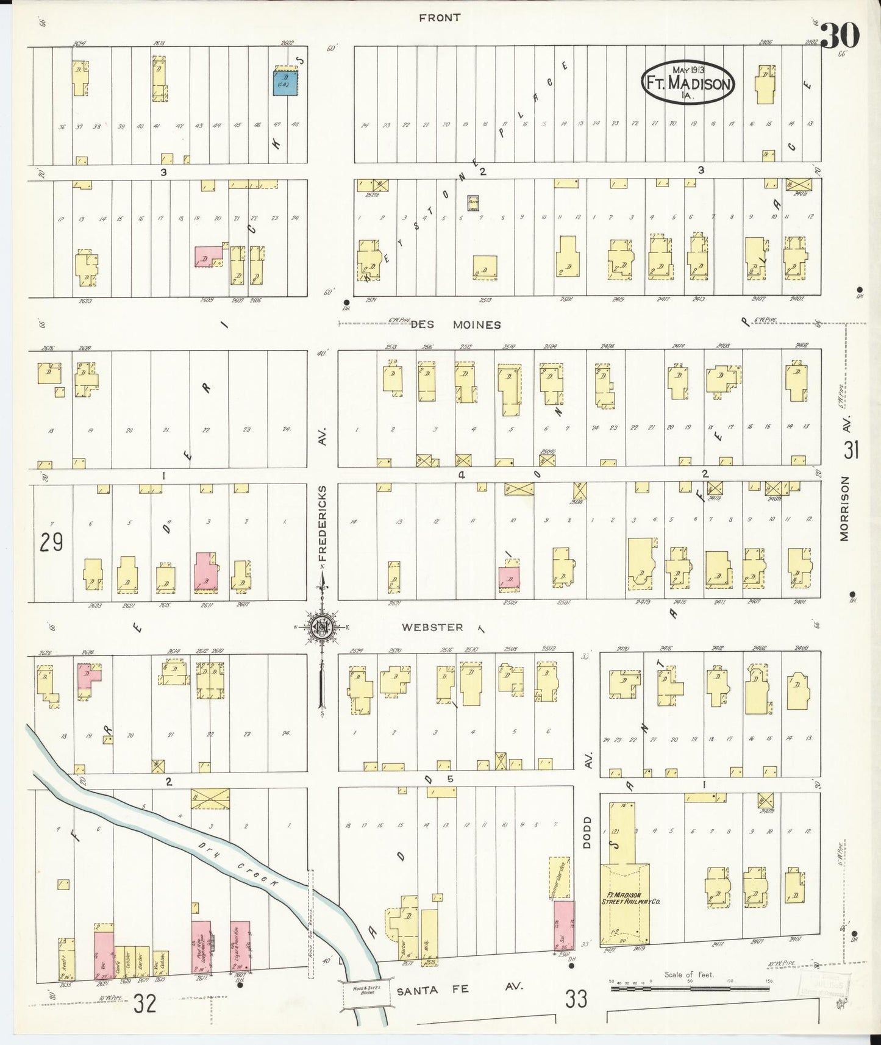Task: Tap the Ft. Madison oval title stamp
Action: point(688,83)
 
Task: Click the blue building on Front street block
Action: point(285,82)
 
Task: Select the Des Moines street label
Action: point(455,325)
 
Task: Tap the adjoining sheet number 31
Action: point(851,450)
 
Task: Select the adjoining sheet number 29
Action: point(51,541)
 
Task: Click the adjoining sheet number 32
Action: point(145,1002)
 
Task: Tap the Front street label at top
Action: point(439,18)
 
